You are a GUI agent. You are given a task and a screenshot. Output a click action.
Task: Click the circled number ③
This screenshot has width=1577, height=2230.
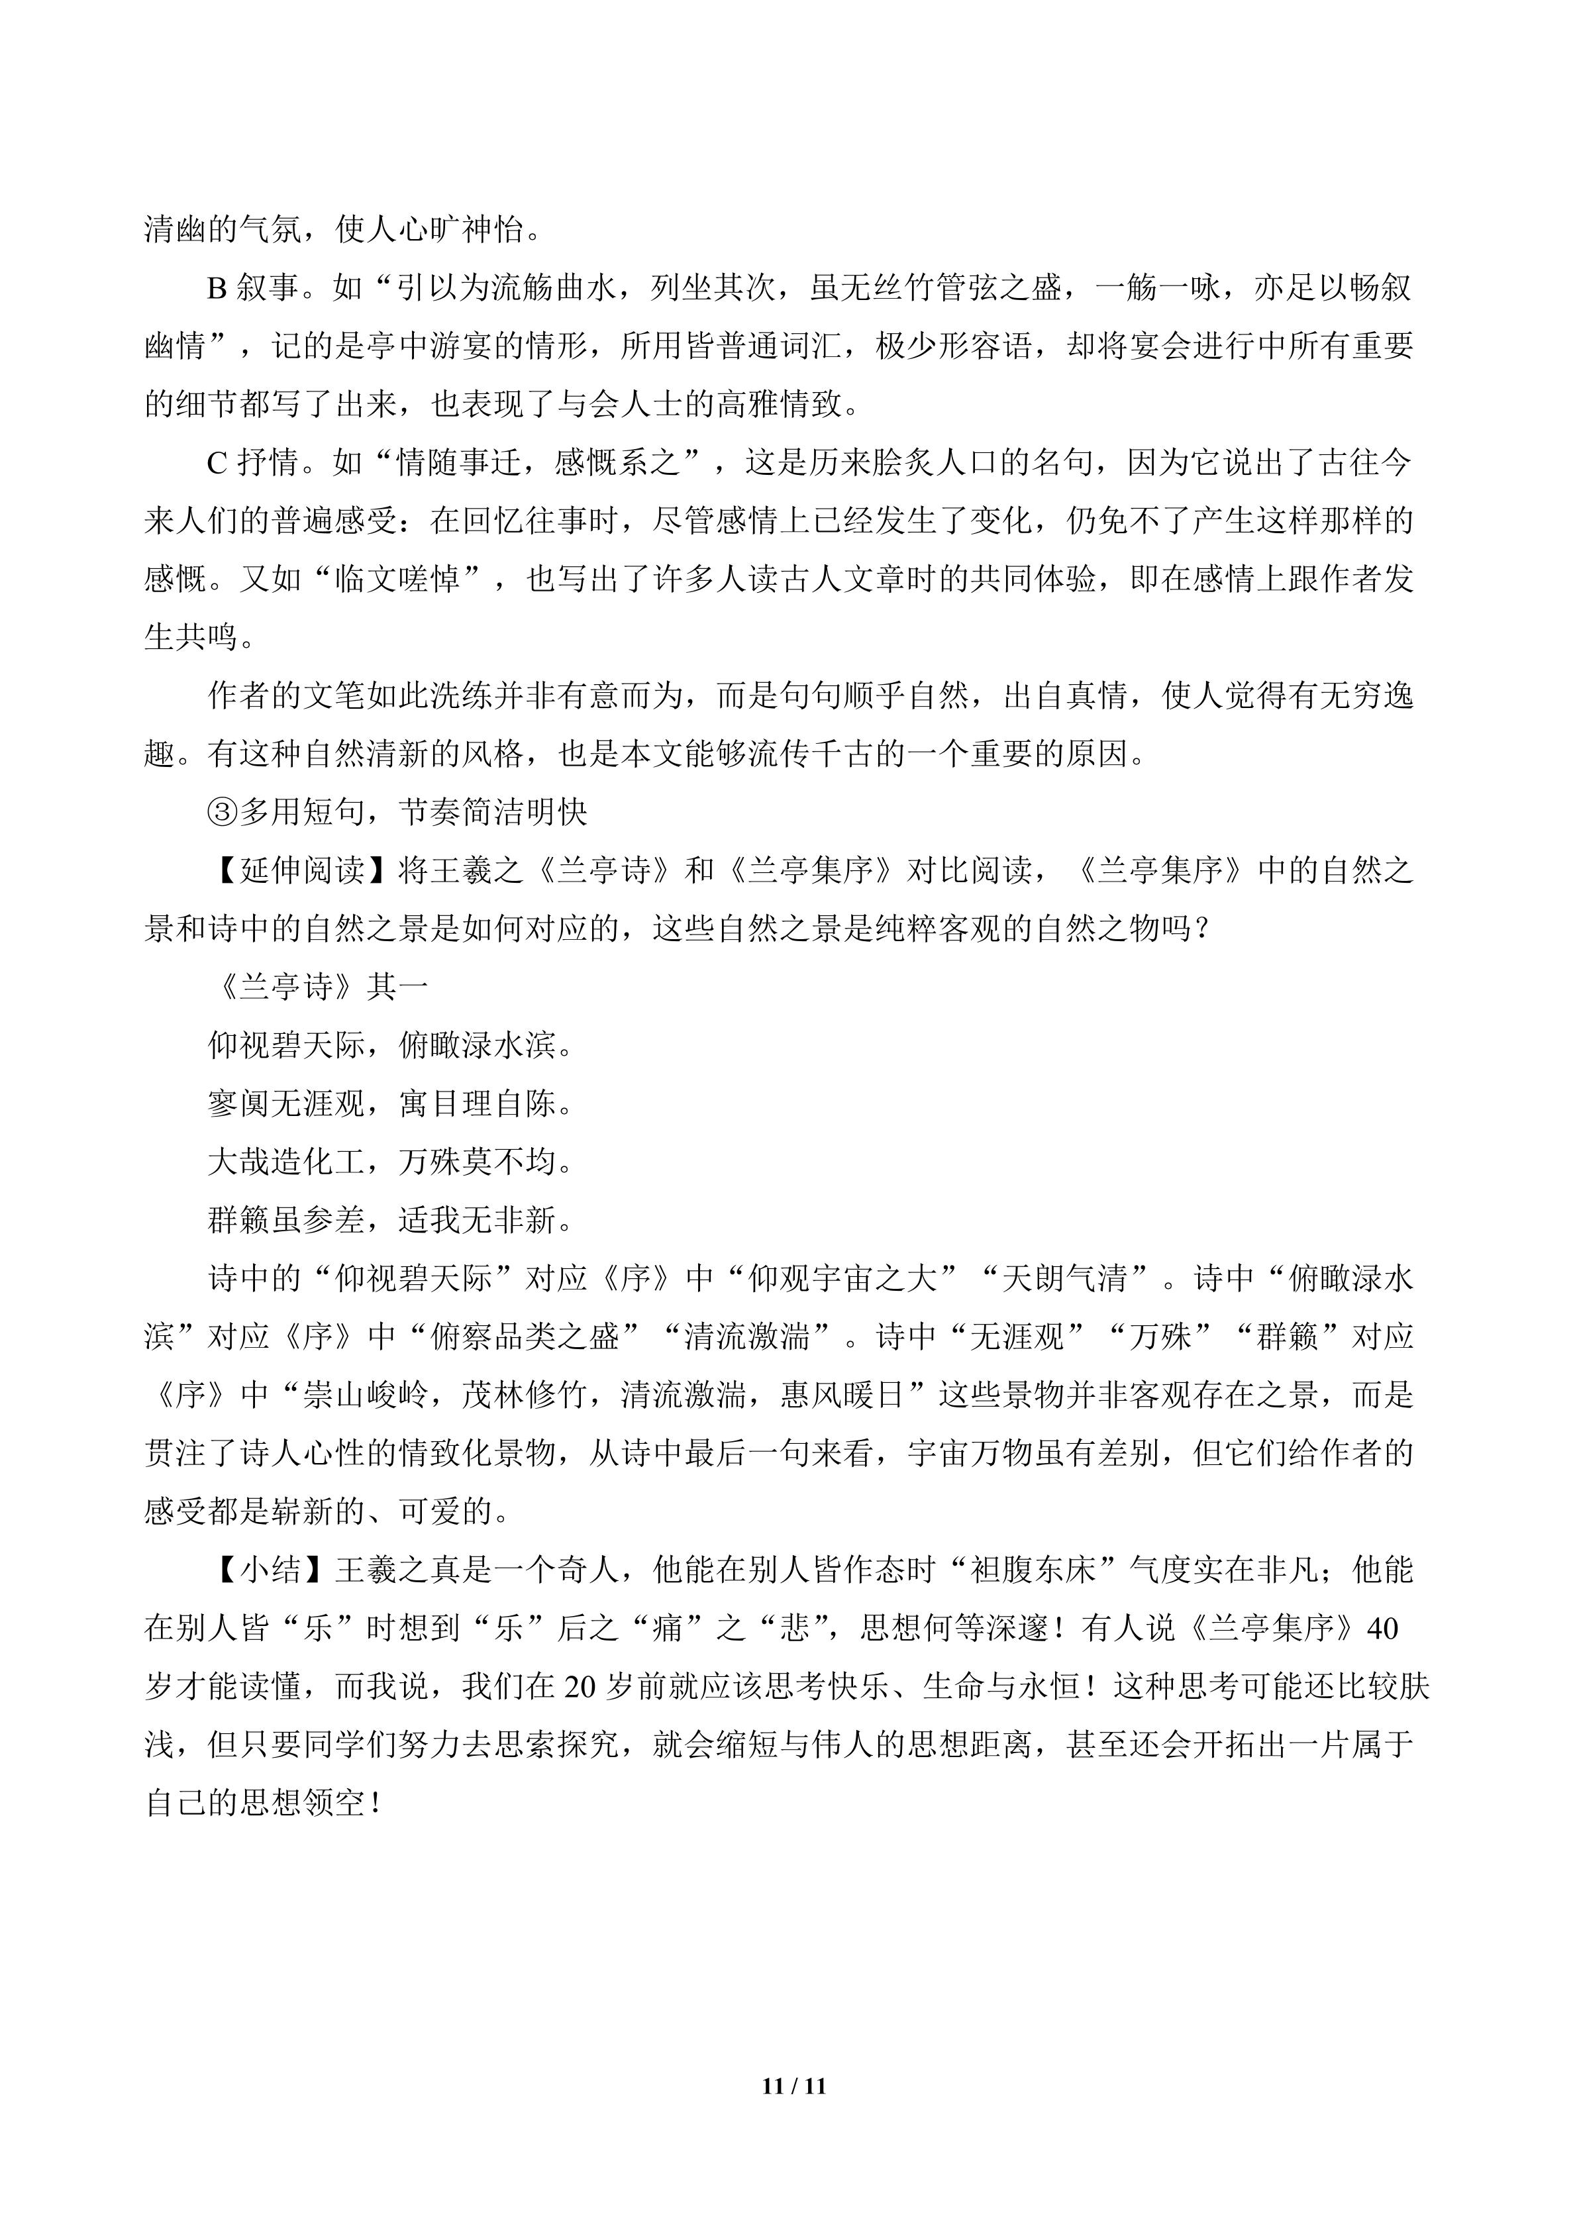(x=223, y=812)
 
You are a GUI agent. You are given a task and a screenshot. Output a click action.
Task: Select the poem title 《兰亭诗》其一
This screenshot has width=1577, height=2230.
(x=319, y=987)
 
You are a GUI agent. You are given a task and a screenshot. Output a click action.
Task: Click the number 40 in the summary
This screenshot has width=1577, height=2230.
(x=1382, y=1628)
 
